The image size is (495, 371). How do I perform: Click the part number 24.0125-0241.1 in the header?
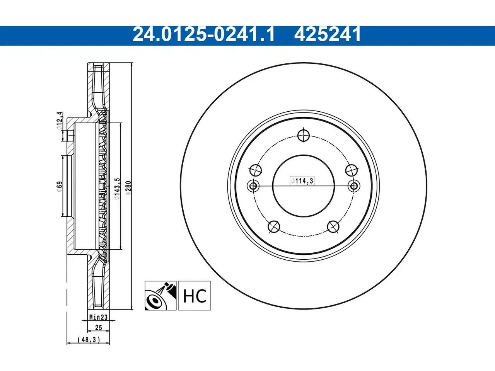204,34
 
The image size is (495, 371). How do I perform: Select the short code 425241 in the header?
328,34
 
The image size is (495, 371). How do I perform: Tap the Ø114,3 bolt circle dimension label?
302,180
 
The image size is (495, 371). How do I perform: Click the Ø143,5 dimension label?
117,189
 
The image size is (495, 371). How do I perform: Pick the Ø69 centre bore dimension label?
60,187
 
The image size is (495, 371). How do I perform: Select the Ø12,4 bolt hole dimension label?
59,121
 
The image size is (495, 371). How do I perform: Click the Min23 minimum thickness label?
99,317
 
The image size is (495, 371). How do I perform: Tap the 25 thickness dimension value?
99,328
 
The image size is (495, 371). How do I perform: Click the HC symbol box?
195,296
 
